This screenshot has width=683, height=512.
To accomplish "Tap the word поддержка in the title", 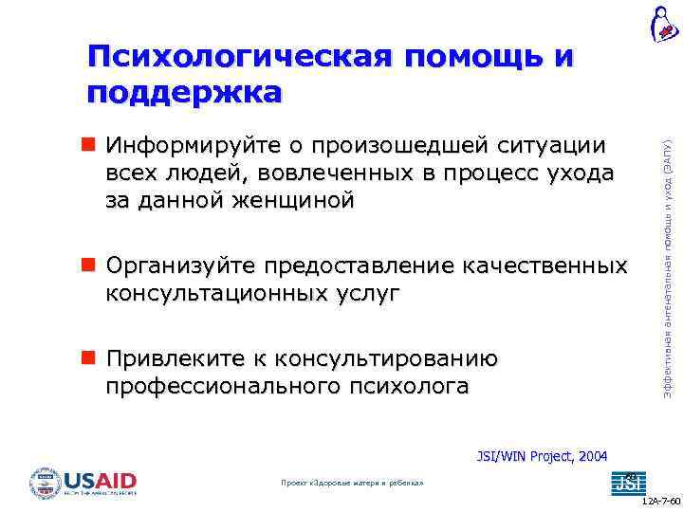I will click(x=184, y=93).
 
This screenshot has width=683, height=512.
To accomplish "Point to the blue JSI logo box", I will click(x=625, y=482).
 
